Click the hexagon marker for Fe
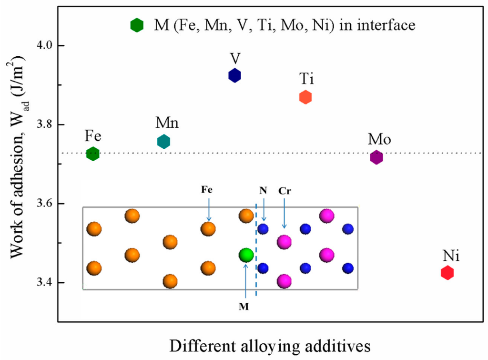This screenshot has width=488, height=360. (93, 154)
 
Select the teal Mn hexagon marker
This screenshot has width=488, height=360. (163, 142)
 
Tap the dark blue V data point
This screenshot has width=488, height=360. (234, 75)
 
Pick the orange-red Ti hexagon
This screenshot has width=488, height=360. (305, 97)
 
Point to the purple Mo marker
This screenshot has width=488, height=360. (376, 157)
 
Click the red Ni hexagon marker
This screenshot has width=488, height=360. (447, 273)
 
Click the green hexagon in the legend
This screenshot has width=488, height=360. (137, 25)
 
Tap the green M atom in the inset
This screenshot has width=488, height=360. (246, 255)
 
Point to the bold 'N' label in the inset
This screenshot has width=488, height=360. (263, 190)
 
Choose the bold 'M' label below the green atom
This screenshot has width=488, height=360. (244, 305)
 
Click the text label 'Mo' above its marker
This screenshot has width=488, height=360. (379, 139)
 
